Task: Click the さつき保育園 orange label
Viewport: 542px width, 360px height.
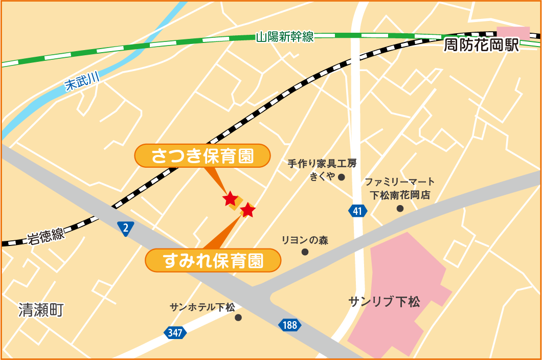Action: point(202,155)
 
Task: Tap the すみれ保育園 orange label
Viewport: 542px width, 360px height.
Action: point(213,261)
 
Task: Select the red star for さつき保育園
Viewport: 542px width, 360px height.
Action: point(231,198)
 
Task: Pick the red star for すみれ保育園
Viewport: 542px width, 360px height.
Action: point(247,210)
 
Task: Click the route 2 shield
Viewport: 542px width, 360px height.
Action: point(125,229)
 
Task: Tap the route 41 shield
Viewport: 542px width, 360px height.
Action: point(358,210)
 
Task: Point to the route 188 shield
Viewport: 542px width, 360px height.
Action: point(290,324)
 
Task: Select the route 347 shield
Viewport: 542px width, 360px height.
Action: point(175,333)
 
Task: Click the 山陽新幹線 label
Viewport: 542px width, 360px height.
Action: point(285,37)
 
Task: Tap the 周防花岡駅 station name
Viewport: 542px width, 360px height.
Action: point(481,46)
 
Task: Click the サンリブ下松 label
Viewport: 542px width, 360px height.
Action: point(384,301)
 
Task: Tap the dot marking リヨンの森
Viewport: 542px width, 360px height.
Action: point(305,252)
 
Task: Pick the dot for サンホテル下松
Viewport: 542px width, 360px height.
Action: point(238,318)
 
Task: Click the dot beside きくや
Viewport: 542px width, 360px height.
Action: point(342,177)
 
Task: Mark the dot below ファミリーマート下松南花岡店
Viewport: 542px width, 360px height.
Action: point(400,208)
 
